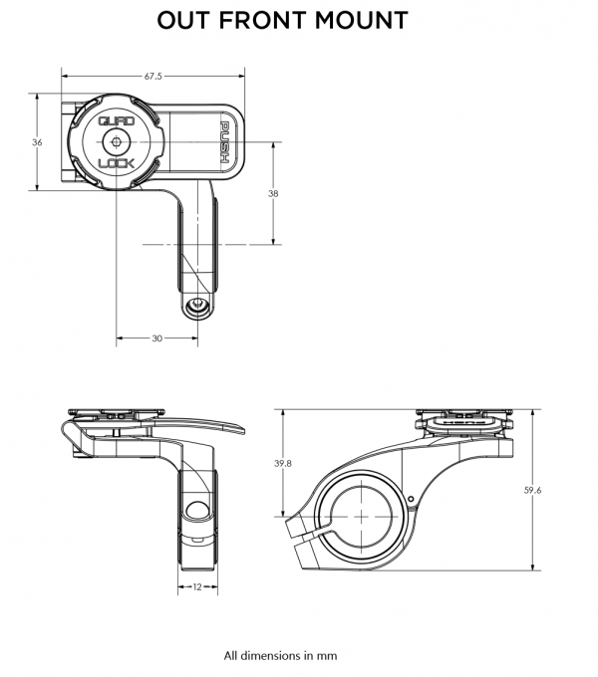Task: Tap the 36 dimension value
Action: click(37, 143)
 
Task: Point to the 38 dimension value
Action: click(273, 194)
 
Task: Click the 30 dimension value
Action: click(156, 338)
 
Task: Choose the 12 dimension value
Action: click(197, 587)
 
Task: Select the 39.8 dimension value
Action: click(284, 463)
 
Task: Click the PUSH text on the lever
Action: click(225, 142)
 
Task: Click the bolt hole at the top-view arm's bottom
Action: click(198, 305)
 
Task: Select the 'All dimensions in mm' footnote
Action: click(281, 656)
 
